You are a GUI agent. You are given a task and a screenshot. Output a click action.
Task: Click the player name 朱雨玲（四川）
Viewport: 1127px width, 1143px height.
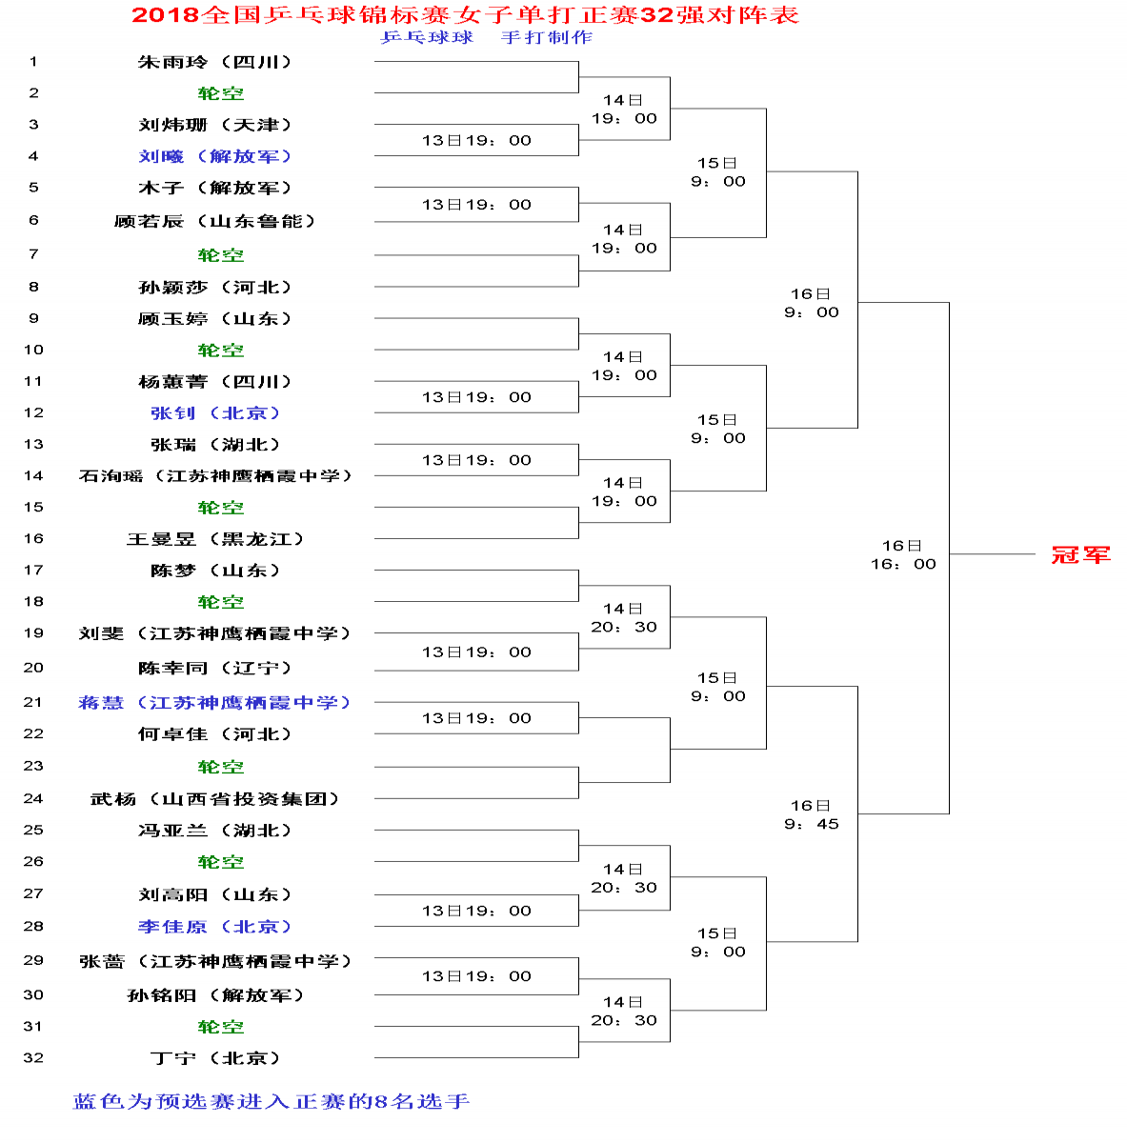214,62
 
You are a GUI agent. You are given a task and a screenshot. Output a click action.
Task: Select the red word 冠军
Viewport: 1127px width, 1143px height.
1080,554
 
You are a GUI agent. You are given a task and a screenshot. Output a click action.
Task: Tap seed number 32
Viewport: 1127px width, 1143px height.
33,1057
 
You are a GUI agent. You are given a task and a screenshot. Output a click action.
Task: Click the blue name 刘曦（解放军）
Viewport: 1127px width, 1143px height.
214,156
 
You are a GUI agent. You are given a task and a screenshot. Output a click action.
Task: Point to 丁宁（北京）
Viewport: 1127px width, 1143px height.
214,1058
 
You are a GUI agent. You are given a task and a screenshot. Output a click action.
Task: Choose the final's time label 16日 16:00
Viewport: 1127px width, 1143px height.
903,554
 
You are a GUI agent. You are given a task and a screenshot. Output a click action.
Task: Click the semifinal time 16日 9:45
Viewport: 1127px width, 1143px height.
811,814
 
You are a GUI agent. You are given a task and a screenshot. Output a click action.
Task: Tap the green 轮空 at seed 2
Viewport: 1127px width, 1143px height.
221,93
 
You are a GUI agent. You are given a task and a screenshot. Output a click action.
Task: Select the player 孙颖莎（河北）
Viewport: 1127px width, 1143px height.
214,287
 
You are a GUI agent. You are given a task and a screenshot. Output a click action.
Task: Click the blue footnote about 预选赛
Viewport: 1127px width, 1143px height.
272,1101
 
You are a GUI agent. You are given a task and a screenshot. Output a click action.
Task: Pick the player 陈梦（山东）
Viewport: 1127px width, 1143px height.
214,571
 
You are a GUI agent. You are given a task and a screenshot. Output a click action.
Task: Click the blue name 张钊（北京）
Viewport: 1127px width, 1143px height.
214,412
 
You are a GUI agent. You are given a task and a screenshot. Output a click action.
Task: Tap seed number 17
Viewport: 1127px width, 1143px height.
33,570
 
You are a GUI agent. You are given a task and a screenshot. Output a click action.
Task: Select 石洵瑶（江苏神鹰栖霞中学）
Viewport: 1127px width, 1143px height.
215,475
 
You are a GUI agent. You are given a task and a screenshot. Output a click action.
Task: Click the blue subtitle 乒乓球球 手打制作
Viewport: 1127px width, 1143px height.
486,37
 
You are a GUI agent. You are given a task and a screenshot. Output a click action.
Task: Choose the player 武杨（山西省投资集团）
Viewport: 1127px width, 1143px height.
214,799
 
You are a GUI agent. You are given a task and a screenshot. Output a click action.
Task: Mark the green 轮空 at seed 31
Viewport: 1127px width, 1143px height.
221,1027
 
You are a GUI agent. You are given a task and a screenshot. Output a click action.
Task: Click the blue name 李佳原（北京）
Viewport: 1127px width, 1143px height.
214,927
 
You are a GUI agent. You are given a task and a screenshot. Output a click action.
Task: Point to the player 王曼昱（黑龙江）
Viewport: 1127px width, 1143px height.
214,539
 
